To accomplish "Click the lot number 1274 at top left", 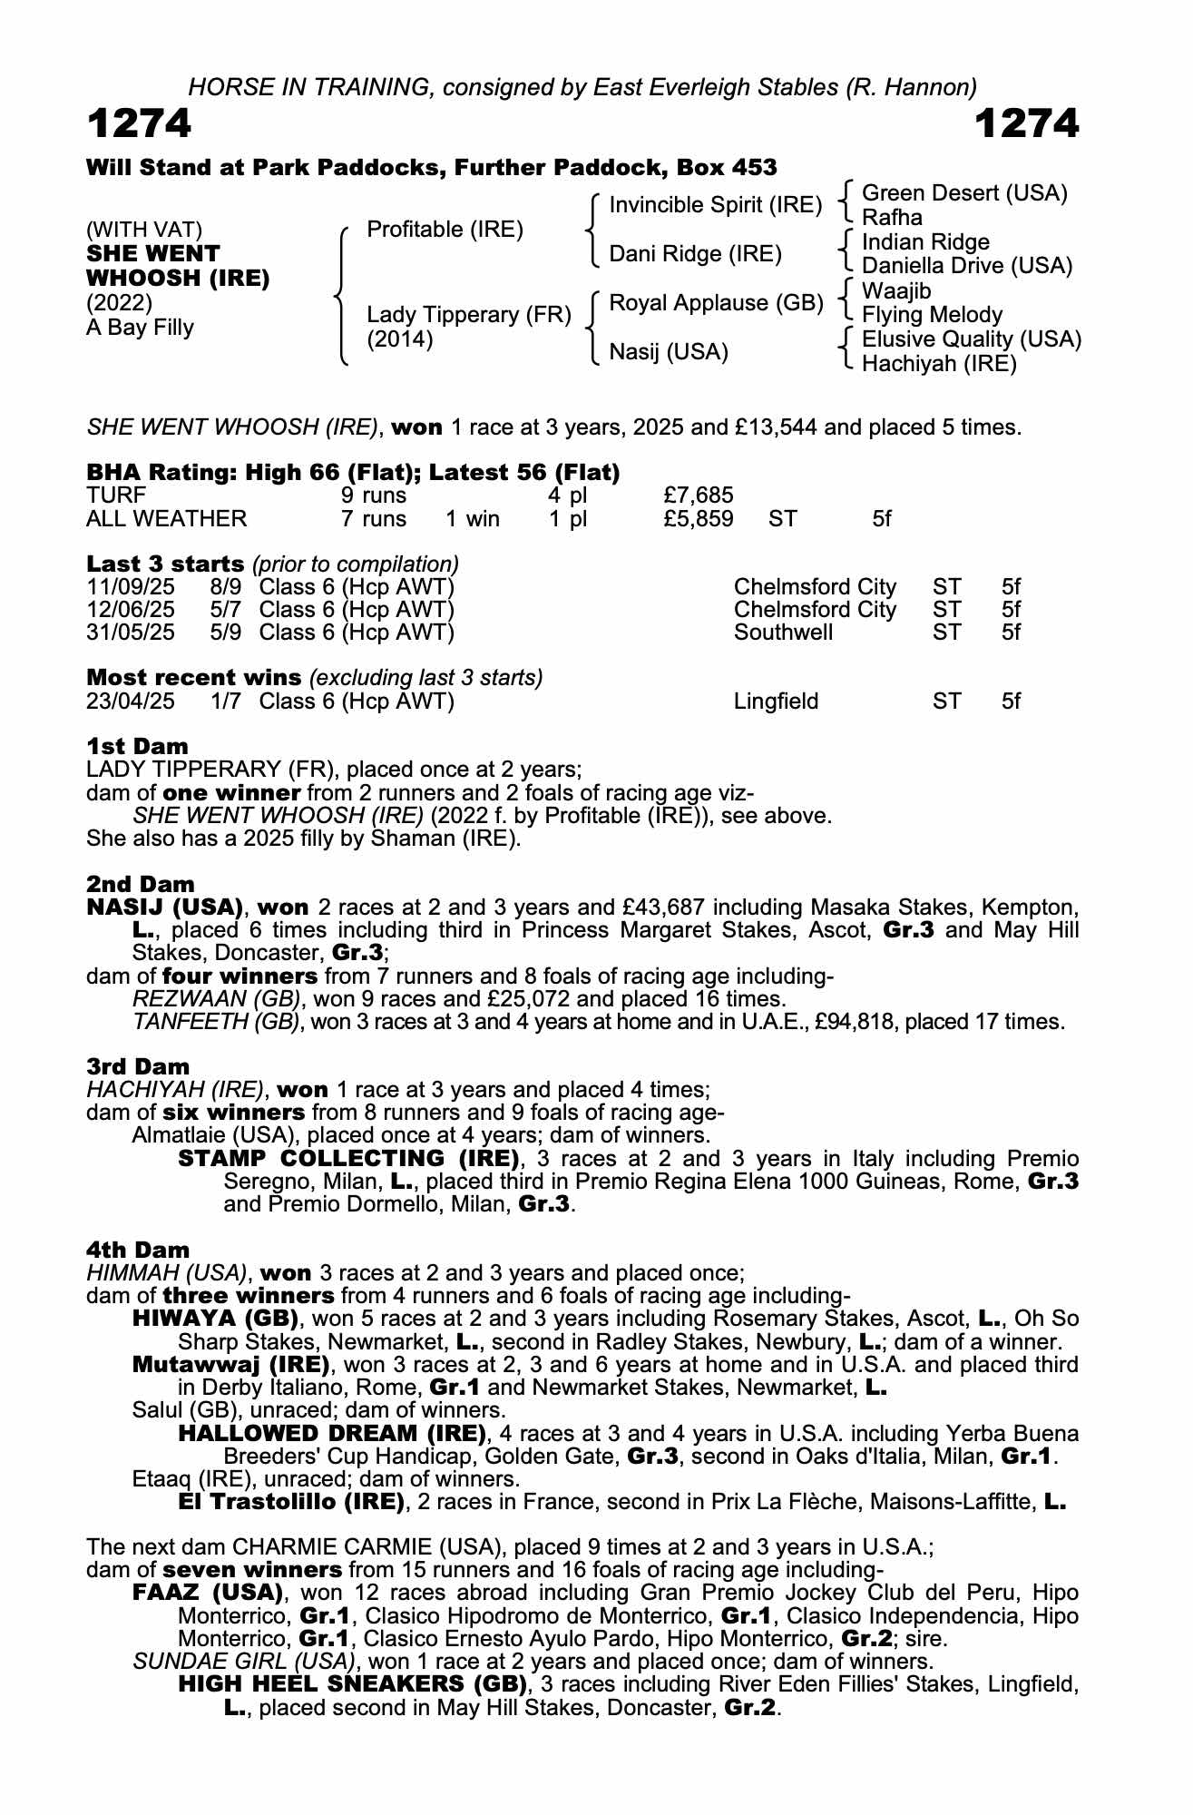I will [139, 123].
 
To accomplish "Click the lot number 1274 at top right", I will [1026, 123].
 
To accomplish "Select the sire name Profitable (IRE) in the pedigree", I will [445, 230].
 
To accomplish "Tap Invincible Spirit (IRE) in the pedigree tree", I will [715, 205].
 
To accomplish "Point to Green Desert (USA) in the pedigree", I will [964, 193].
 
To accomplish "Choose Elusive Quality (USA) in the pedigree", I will [971, 339].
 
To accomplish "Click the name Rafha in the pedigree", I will [892, 218].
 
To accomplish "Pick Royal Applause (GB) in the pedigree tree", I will [715, 303].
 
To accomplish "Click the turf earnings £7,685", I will [699, 495].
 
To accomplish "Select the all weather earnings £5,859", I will [699, 519].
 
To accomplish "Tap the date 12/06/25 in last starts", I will [131, 610].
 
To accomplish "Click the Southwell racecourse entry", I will [783, 633].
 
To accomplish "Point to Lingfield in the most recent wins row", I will [776, 701].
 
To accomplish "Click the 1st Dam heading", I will [137, 747].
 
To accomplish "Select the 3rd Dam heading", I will [138, 1067].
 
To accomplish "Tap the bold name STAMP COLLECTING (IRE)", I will [348, 1159].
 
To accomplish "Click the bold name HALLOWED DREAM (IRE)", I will [332, 1434].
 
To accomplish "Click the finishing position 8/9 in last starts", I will [225, 587].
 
